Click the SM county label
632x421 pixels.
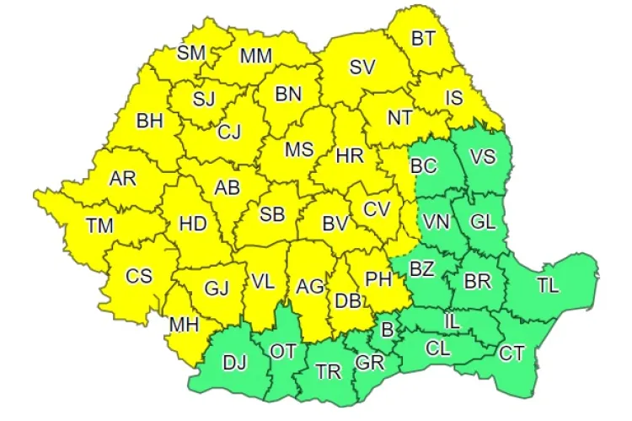point(191,53)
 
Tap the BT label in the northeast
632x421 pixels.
point(423,39)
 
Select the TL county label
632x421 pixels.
point(548,285)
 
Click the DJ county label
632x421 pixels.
point(235,364)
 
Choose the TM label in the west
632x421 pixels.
point(102,226)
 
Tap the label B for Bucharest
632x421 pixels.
point(388,328)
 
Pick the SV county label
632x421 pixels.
point(362,67)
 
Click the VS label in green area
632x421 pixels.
point(482,157)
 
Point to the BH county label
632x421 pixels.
point(149,121)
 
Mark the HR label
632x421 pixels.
point(349,156)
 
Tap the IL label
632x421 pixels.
point(453,321)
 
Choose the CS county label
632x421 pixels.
point(139,276)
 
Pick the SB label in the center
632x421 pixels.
point(271,214)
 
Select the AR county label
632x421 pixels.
point(124,179)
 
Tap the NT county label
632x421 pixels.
point(399,117)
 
